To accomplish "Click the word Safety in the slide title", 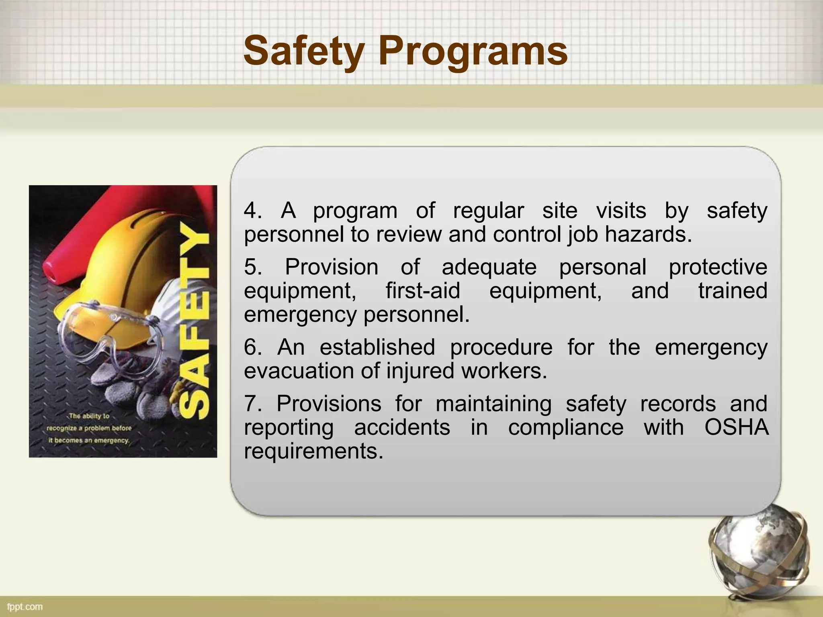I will [x=303, y=51].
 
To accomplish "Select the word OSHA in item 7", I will [x=736, y=427].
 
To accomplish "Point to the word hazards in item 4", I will [x=648, y=234].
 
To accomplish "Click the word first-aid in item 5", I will [x=423, y=290].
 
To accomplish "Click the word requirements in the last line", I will [x=313, y=451].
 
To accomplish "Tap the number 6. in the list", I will [x=253, y=347].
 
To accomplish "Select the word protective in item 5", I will [x=718, y=267].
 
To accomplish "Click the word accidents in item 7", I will [x=402, y=427].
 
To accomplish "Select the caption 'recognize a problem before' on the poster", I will [x=89, y=428].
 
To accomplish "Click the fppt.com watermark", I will [x=25, y=607].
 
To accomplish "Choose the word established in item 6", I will [x=377, y=347].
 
